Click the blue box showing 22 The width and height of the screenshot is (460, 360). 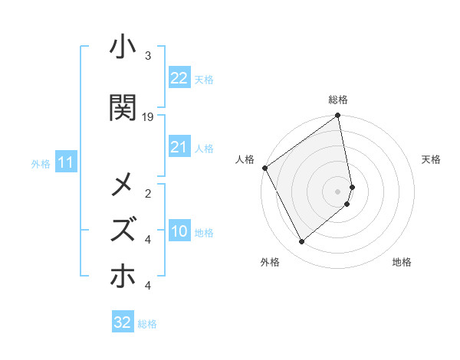click(x=179, y=77)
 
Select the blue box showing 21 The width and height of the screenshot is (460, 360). click(x=179, y=147)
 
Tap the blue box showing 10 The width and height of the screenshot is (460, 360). click(x=179, y=231)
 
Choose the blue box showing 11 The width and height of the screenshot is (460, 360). click(x=65, y=162)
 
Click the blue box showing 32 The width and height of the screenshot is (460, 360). click(x=123, y=322)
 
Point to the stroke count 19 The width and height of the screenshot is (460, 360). click(x=149, y=117)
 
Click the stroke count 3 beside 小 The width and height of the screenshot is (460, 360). click(x=148, y=56)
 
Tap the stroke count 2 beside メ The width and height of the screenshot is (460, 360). click(x=148, y=194)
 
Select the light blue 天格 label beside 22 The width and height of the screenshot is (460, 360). click(x=204, y=79)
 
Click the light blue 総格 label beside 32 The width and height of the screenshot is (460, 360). click(x=147, y=324)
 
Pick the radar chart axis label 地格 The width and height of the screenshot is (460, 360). click(x=402, y=263)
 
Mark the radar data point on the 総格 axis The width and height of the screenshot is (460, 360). click(x=338, y=116)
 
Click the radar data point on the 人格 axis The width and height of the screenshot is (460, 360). click(x=264, y=168)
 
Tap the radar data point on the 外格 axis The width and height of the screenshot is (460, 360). click(x=301, y=242)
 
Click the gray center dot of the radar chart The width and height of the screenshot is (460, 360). click(x=338, y=191)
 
